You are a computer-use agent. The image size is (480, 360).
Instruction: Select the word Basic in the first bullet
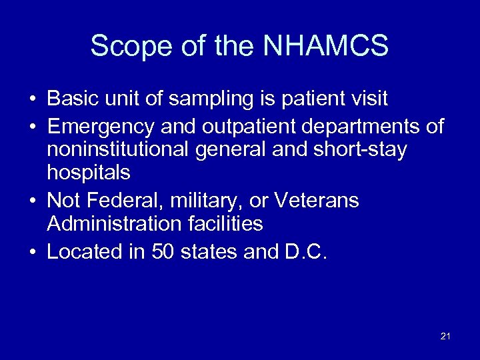[x=71, y=99]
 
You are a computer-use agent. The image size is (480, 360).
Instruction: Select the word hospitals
[x=89, y=173]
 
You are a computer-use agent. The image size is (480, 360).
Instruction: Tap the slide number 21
[x=445, y=337]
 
